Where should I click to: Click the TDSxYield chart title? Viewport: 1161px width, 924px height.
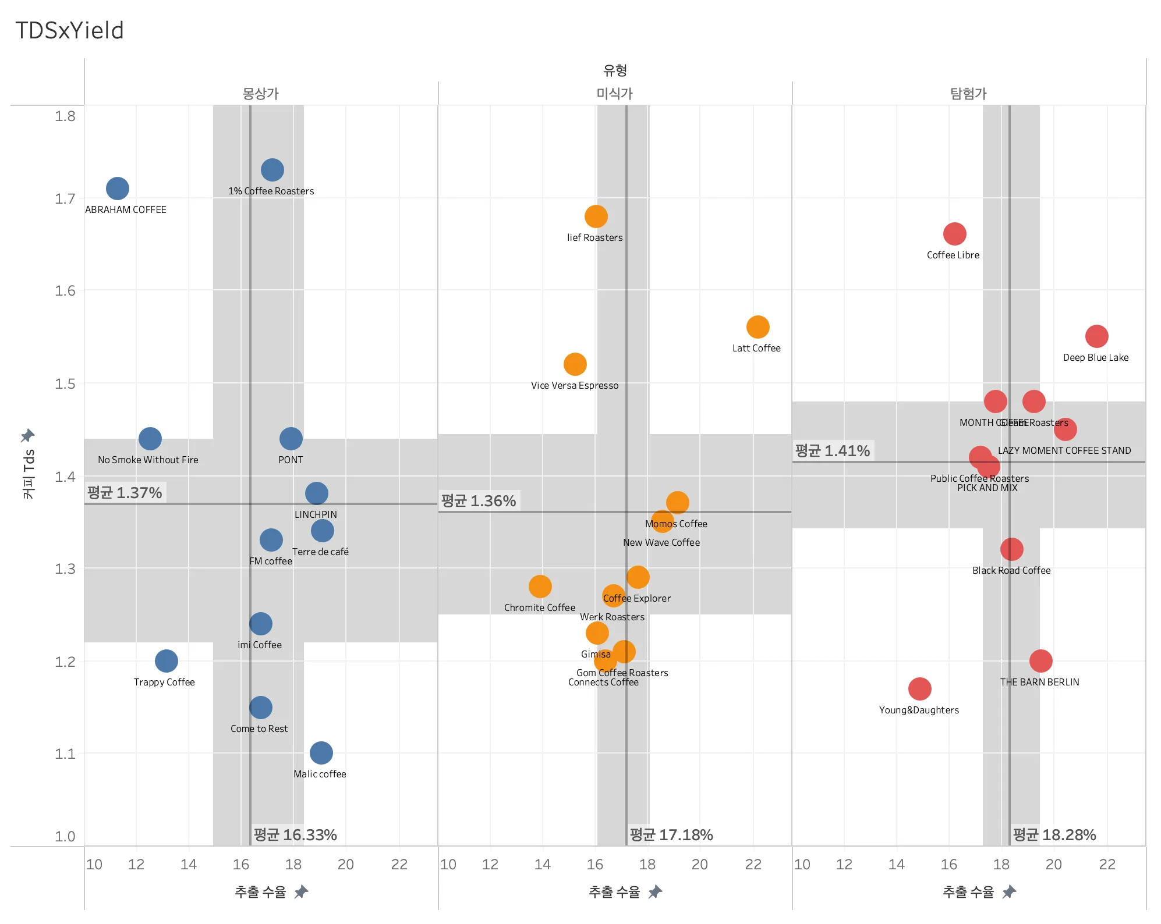click(69, 30)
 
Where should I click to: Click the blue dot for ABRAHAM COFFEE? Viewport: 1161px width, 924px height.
click(118, 189)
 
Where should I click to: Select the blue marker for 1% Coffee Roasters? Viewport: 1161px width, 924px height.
click(272, 170)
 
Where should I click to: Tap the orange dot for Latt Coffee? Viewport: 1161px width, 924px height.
click(758, 327)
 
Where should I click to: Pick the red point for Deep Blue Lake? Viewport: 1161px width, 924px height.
click(1096, 336)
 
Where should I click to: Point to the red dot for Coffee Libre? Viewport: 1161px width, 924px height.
click(954, 234)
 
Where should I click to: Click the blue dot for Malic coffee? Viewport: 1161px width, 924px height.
click(321, 753)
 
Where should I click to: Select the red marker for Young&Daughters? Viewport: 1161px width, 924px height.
click(919, 689)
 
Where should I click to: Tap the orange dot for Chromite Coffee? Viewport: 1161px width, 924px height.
click(540, 587)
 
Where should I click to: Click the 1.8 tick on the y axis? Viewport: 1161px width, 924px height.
click(65, 116)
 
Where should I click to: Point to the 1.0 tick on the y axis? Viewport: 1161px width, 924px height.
click(65, 836)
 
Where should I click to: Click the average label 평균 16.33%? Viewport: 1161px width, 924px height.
click(295, 835)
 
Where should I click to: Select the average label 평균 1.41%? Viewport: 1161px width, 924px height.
click(833, 451)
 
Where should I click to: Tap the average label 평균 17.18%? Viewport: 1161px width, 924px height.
click(671, 835)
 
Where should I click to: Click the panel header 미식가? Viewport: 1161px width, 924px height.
click(614, 94)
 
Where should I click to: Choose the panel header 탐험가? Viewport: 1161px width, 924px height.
click(968, 94)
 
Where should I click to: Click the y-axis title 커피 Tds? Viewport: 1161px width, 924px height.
click(29, 474)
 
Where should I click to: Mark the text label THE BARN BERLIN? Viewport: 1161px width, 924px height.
click(1039, 682)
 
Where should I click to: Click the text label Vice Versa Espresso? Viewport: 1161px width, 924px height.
click(575, 385)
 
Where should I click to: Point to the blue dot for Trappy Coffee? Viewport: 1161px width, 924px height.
click(166, 661)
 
